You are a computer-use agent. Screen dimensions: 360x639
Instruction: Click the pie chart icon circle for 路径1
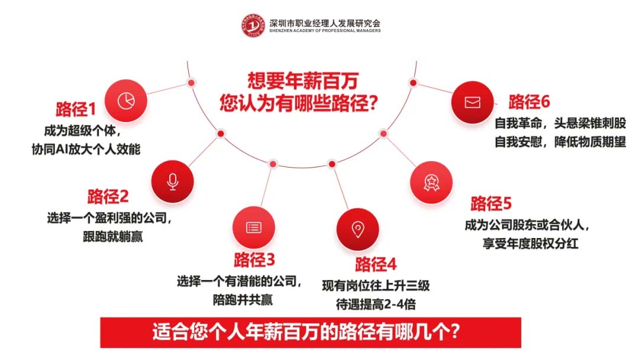(x=125, y=100)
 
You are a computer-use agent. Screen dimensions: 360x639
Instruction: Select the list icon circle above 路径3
(x=254, y=227)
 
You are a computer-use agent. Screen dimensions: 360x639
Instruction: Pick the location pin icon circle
(x=357, y=229)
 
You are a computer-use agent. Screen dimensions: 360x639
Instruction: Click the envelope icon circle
(x=472, y=102)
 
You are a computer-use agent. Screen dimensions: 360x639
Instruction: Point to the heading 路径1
(x=75, y=110)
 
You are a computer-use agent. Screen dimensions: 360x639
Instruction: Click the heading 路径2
(x=108, y=197)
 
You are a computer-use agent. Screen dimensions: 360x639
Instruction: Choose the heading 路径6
(x=530, y=102)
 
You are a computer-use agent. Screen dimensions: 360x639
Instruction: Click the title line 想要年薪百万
(x=303, y=81)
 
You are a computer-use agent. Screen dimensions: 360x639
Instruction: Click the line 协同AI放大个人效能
(x=86, y=149)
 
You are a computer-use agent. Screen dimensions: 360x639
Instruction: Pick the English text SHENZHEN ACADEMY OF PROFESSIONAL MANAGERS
(x=324, y=31)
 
